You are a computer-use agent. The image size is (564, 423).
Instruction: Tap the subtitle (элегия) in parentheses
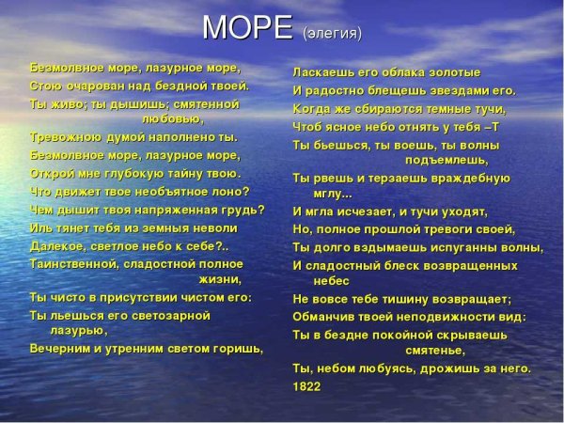point(332,34)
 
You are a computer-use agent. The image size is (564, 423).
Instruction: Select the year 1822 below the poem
point(306,385)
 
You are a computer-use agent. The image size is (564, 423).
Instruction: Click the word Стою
point(44,85)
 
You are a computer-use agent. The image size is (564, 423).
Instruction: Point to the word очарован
point(95,85)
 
